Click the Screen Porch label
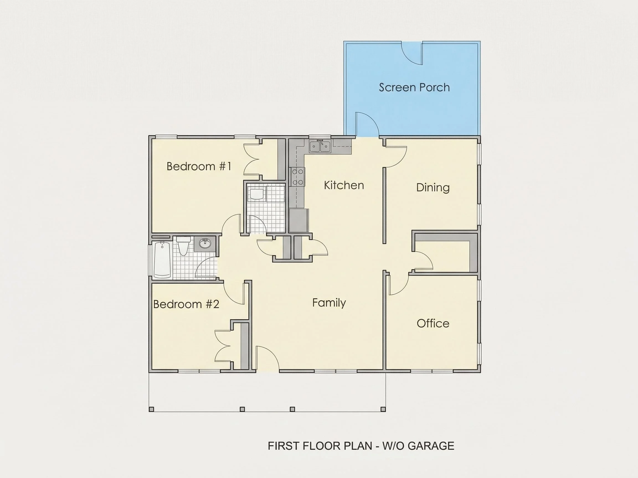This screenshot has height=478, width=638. click(x=414, y=87)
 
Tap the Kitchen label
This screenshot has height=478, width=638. click(x=344, y=185)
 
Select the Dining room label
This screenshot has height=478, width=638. click(x=433, y=188)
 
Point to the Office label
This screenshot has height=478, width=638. click(x=433, y=323)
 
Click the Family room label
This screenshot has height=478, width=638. click(x=329, y=303)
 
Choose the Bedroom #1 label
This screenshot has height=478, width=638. click(x=199, y=166)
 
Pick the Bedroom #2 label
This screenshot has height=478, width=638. click(x=186, y=304)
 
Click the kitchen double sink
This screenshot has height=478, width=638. click(x=320, y=146)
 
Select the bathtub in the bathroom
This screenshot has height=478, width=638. click(x=162, y=260)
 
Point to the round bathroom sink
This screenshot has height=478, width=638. click(x=205, y=243)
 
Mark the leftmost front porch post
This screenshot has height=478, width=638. click(x=151, y=409)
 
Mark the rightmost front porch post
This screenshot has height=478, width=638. click(x=383, y=409)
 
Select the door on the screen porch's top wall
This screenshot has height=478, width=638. click(x=412, y=53)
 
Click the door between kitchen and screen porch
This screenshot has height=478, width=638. click(x=367, y=124)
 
